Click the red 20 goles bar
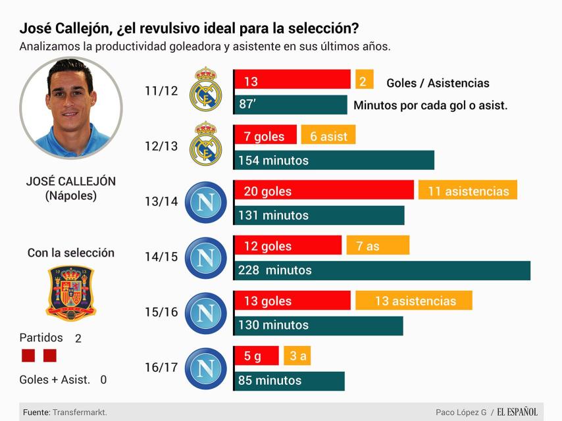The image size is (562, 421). pyautogui.click(x=324, y=191)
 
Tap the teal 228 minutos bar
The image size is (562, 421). pyautogui.click(x=382, y=270)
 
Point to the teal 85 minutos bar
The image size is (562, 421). pyautogui.click(x=290, y=380)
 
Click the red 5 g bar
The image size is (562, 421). pyautogui.click(x=257, y=356)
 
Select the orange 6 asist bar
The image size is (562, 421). pyautogui.click(x=328, y=136)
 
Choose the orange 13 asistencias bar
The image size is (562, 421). pyautogui.click(x=414, y=301)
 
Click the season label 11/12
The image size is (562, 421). pyautogui.click(x=161, y=91)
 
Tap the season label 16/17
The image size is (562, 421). pyautogui.click(x=161, y=367)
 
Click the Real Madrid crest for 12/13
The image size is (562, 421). pyautogui.click(x=205, y=146)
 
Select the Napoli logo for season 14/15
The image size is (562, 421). pyautogui.click(x=205, y=257)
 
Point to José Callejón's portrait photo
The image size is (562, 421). pyautogui.click(x=71, y=108)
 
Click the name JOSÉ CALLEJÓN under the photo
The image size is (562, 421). pyautogui.click(x=70, y=182)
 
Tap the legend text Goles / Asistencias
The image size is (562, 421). pyautogui.click(x=438, y=83)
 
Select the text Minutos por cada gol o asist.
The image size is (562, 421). pyautogui.click(x=430, y=105)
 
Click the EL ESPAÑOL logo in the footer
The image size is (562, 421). pyautogui.click(x=517, y=412)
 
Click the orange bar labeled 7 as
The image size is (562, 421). pyautogui.click(x=378, y=245)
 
